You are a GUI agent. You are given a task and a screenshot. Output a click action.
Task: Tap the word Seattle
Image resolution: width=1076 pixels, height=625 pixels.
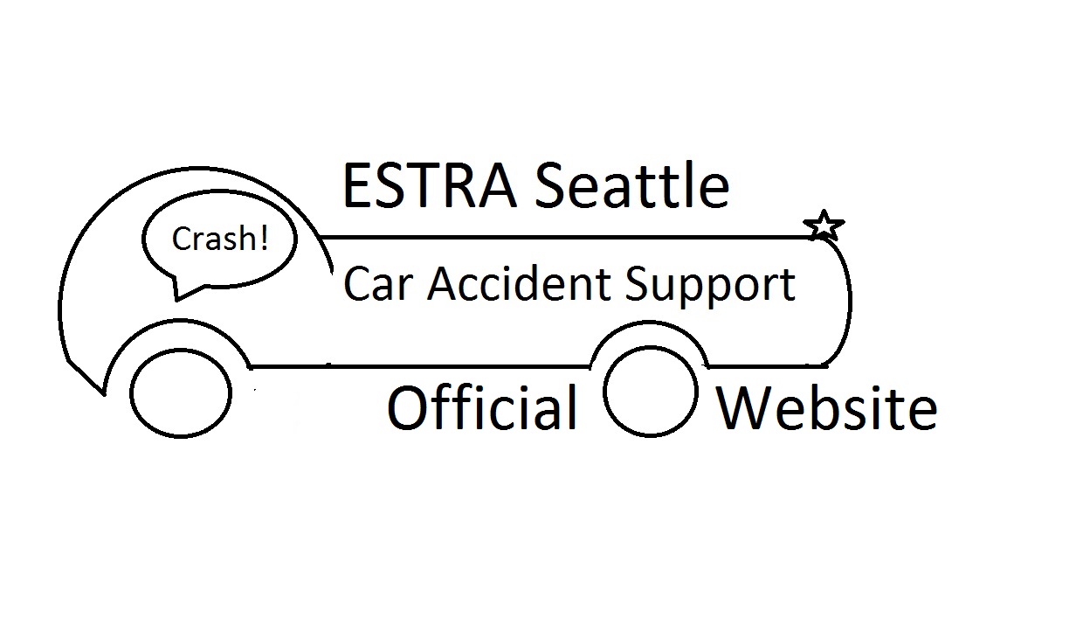(x=631, y=186)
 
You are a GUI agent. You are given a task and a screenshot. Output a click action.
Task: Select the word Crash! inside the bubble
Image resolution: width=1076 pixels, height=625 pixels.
(x=219, y=239)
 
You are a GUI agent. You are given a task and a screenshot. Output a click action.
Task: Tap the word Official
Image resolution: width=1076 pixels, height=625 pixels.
(x=482, y=408)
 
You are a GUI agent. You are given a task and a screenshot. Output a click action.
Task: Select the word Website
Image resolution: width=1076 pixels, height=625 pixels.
(x=827, y=408)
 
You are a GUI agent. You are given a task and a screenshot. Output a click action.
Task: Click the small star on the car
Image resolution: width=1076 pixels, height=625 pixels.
(x=823, y=226)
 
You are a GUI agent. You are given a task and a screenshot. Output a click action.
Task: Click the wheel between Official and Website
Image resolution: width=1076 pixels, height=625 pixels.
(x=651, y=394)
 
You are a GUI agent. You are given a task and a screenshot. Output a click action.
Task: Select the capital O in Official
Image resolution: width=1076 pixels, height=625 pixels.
(x=410, y=409)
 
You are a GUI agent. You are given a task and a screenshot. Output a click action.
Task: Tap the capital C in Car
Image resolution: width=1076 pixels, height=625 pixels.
(x=358, y=285)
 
